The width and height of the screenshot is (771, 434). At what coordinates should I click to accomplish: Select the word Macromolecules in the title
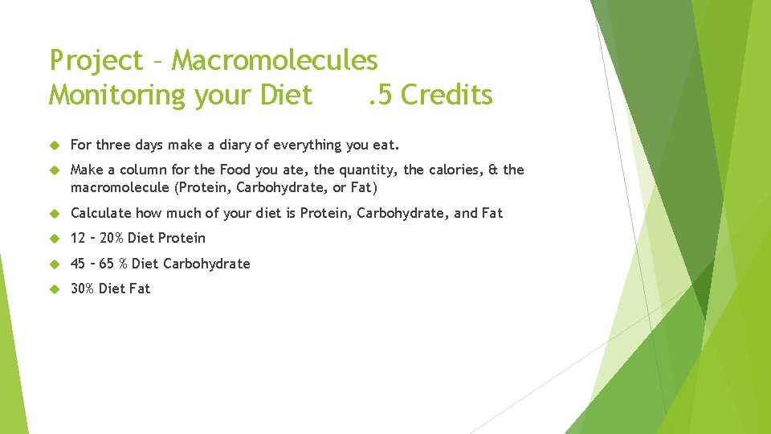[275, 60]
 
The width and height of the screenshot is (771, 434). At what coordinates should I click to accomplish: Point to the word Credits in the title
[447, 95]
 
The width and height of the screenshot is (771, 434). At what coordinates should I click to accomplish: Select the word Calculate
[101, 213]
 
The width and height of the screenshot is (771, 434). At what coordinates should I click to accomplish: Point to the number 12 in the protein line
[79, 238]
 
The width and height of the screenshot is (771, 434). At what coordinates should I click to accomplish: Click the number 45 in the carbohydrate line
[79, 264]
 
